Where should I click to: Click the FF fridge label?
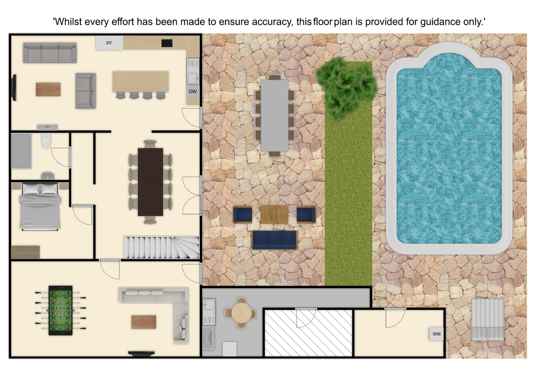tap(109, 43)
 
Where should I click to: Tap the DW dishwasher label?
tap(193, 92)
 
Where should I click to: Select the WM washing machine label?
tap(436, 334)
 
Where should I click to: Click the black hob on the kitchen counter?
tap(167, 43)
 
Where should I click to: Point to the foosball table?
tap(61, 310)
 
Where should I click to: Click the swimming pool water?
tap(449, 150)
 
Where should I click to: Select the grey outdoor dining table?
tap(275, 116)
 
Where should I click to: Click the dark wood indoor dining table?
tap(150, 182)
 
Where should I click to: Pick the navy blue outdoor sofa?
tap(275, 240)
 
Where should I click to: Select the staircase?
tap(161, 248)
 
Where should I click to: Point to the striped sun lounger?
tap(488, 320)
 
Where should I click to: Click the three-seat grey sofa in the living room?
tap(50, 53)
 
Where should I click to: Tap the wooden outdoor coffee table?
tap(275, 215)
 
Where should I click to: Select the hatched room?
tap(308, 333)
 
